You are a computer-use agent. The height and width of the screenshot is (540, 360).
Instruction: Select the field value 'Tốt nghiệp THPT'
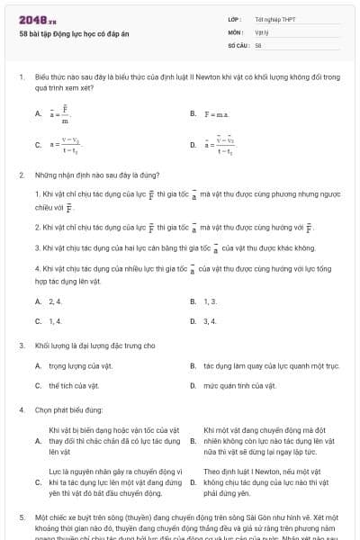[x=275, y=19]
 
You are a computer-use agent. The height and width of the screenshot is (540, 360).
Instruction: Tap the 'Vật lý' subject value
[x=262, y=31]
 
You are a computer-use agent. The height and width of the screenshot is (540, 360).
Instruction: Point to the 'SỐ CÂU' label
[x=237, y=44]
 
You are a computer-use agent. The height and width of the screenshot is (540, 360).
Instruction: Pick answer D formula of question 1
[x=220, y=144]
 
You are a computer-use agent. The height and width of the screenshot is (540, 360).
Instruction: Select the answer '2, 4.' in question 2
[x=55, y=301]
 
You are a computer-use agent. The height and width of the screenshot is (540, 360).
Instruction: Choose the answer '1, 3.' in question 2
[x=211, y=301]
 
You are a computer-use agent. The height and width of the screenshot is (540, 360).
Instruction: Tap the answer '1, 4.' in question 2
[x=55, y=320]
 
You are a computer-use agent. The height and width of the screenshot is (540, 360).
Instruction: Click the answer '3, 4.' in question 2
[x=211, y=320]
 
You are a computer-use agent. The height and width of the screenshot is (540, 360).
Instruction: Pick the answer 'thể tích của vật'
[x=68, y=385]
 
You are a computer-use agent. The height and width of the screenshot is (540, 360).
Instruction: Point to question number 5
[x=22, y=518]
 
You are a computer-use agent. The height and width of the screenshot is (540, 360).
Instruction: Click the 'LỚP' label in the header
[x=234, y=19]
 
